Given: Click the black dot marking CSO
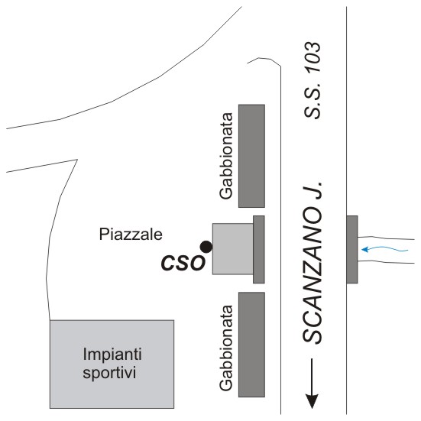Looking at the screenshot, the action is [206, 247].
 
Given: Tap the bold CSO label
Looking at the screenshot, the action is [183, 263].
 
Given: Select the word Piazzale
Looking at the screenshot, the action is [131, 235].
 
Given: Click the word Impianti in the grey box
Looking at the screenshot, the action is [112, 355].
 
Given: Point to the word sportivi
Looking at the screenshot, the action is [109, 373].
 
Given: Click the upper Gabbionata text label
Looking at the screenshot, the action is [226, 156].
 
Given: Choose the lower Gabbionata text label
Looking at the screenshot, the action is [226, 348].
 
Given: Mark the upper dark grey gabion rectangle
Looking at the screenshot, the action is [252, 156].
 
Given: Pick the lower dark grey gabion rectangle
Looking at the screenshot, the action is [252, 345].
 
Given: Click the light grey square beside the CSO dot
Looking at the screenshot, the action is [233, 249].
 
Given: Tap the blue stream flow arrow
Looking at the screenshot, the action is [384, 250].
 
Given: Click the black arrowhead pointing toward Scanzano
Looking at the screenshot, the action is [312, 401].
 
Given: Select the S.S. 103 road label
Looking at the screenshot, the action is [313, 80].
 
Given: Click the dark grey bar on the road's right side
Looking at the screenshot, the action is [352, 249].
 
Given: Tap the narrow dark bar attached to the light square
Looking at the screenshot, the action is [259, 249].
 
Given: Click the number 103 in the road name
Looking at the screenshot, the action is [313, 57].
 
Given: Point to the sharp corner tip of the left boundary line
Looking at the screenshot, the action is [77, 160].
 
